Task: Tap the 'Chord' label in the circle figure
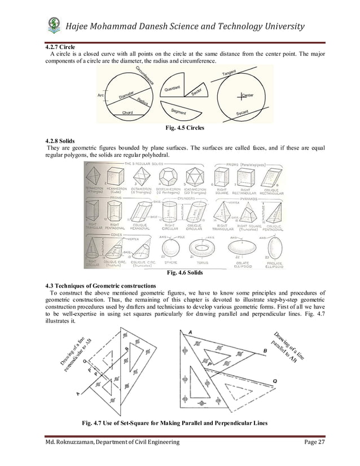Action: pos(128,113)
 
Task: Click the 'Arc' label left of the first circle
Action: pos(101,95)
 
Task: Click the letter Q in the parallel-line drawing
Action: pos(274,381)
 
